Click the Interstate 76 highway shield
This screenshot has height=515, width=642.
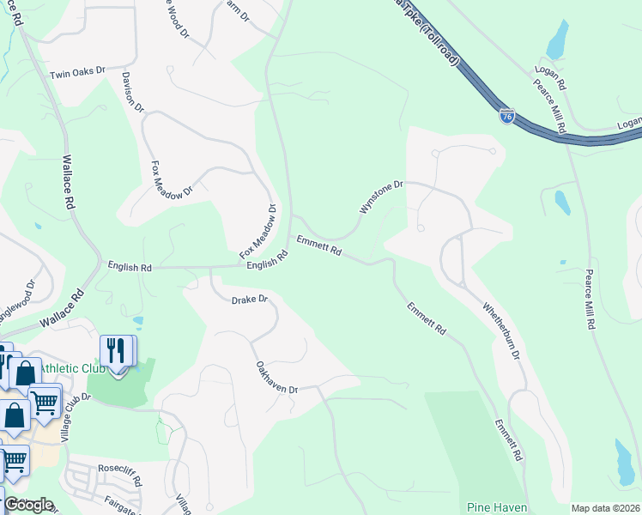tap(507, 115)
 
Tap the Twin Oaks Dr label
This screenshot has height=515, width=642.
tap(77, 73)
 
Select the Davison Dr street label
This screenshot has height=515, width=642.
tap(133, 98)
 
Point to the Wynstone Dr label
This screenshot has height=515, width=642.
tap(380, 197)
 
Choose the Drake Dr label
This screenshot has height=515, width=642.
tap(250, 300)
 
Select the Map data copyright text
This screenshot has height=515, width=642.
tap(605, 508)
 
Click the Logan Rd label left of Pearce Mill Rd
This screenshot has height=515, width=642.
tap(550, 75)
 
